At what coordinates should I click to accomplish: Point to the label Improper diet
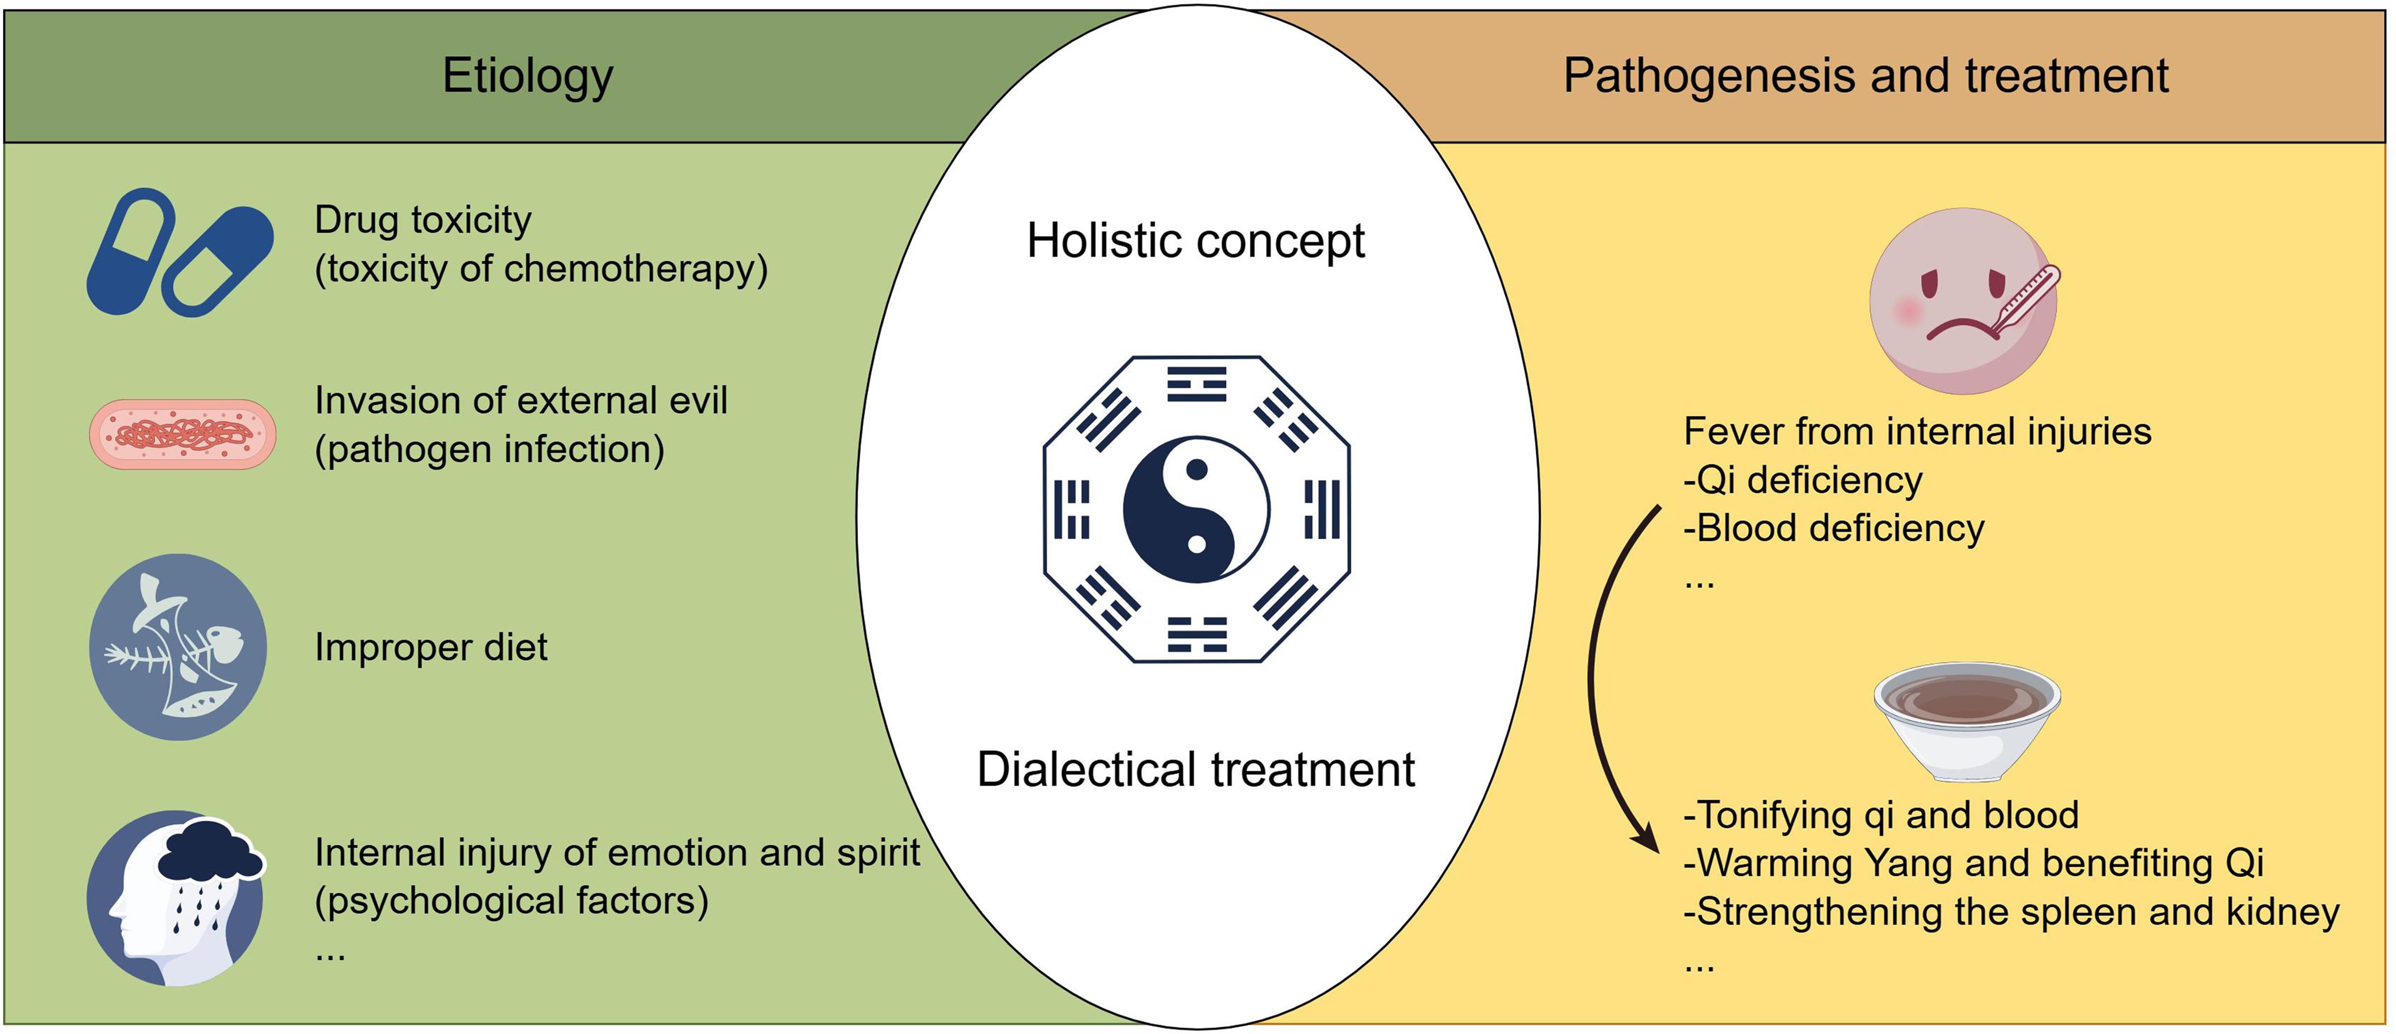click(x=431, y=647)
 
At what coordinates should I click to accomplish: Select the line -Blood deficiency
click(x=1833, y=528)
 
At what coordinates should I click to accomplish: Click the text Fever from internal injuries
click(x=1917, y=431)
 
